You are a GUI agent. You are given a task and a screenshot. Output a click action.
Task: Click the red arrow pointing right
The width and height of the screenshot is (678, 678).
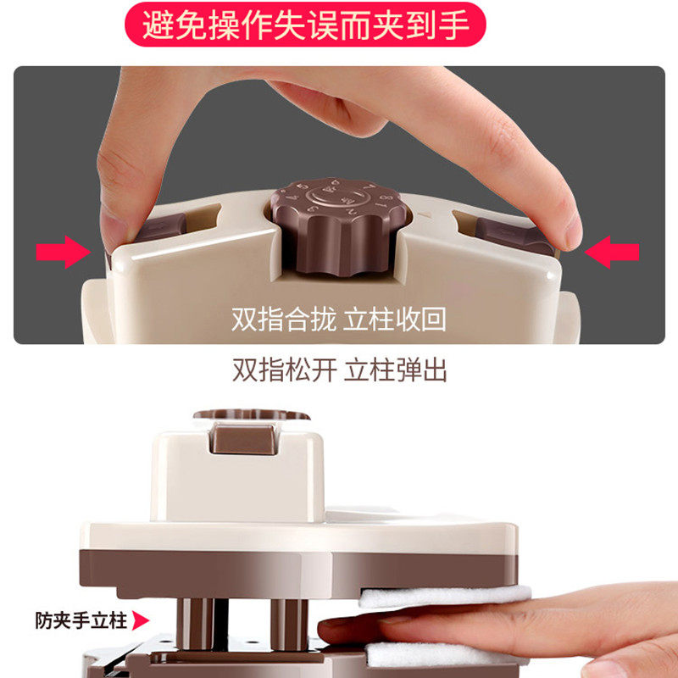63,252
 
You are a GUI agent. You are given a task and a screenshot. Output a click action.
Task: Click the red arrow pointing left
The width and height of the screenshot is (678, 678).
611,252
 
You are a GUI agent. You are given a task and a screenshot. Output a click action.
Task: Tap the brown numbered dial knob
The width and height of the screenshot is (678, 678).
339,225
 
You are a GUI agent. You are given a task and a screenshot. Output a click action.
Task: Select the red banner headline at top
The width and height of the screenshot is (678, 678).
305,25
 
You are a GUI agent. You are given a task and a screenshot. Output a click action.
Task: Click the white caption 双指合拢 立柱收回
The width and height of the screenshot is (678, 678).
338,320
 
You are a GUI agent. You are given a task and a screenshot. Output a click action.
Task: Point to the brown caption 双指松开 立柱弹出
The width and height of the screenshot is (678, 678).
340,370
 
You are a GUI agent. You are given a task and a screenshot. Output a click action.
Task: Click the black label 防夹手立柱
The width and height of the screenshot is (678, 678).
81,620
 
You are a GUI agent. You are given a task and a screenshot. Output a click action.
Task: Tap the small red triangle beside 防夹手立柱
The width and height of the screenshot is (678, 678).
141,620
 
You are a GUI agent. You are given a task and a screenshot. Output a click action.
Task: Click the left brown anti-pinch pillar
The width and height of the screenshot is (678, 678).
196,623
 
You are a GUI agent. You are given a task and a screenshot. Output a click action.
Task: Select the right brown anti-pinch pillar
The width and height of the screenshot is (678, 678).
289,624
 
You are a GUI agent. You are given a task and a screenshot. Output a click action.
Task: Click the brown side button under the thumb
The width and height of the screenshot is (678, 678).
160,227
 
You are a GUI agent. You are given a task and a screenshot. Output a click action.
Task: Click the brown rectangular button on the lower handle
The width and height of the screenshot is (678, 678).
244,439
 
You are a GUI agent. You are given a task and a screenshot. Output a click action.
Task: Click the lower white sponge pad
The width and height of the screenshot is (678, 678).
446,654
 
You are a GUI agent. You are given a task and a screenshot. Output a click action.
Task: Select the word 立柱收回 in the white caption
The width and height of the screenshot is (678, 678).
394,320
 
